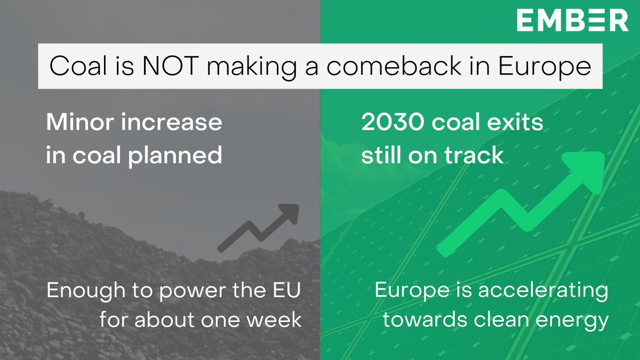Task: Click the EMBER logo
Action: point(572,21)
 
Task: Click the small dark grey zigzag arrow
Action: point(258,227)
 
